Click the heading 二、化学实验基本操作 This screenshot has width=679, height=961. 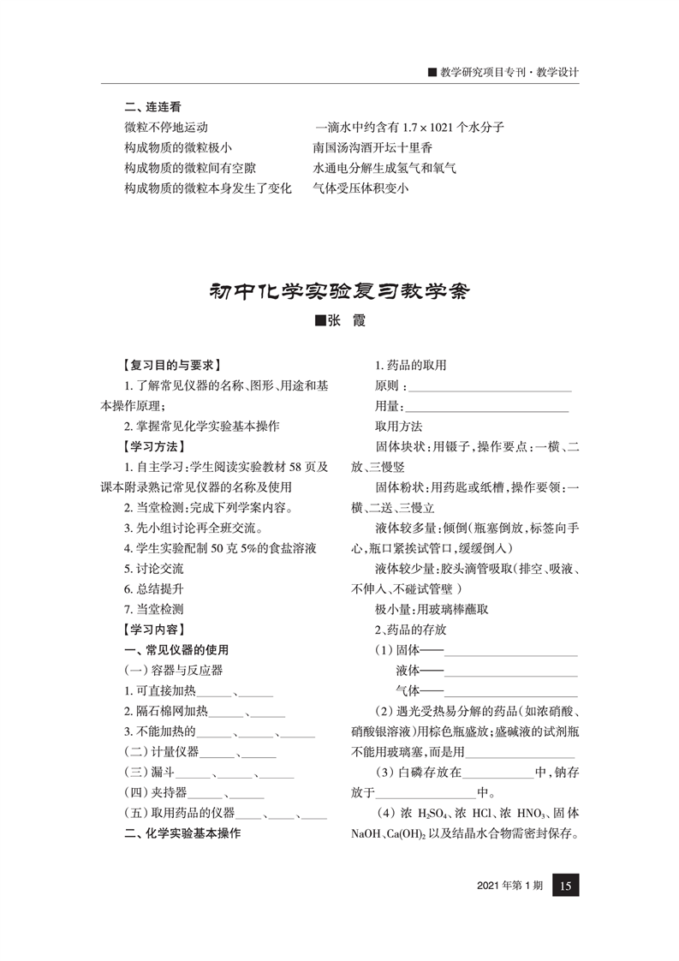[x=182, y=833]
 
